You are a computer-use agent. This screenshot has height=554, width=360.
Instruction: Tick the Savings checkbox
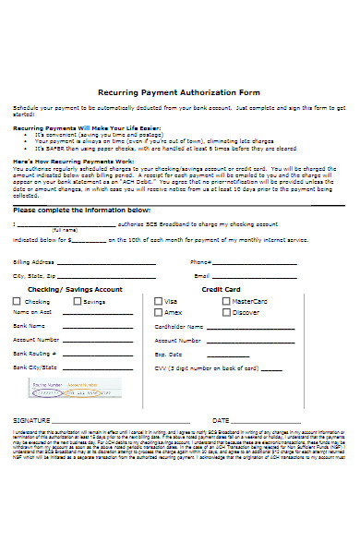(x=78, y=302)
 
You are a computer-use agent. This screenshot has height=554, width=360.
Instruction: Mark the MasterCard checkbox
(x=226, y=302)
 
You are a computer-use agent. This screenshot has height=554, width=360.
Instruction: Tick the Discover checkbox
(x=226, y=313)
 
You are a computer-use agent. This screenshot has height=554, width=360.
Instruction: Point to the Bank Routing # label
(x=35, y=354)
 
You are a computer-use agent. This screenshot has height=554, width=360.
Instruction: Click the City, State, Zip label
(x=34, y=277)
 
